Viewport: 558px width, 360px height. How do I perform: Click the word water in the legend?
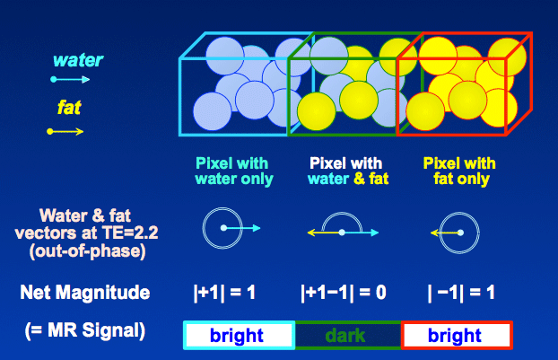pos(78,60)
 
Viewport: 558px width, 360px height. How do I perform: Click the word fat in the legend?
pos(69,107)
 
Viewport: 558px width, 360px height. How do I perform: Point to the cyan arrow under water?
pos(70,79)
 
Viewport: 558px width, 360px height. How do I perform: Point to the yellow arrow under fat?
pos(65,132)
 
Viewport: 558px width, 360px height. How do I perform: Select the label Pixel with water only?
pos(234,171)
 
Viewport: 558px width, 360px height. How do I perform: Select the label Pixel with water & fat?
pos(348,171)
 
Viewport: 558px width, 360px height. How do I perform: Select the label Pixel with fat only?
pos(459,171)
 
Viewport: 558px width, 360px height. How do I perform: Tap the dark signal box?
pos(348,335)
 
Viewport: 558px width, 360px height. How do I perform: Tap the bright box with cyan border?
pos(239,335)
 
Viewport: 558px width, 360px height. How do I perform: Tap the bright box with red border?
pos(457,335)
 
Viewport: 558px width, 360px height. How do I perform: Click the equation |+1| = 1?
pos(224,293)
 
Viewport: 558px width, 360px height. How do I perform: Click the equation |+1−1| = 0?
pos(344,293)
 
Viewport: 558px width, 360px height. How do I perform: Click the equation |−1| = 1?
pos(461,293)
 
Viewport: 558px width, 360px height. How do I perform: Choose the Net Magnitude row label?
pos(85,293)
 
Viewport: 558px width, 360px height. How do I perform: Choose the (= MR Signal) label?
pos(85,330)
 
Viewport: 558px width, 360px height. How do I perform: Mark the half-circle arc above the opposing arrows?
pos(342,214)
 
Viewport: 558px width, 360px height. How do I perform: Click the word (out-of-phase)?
pos(88,251)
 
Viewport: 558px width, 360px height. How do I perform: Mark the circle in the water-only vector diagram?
pos(204,228)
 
